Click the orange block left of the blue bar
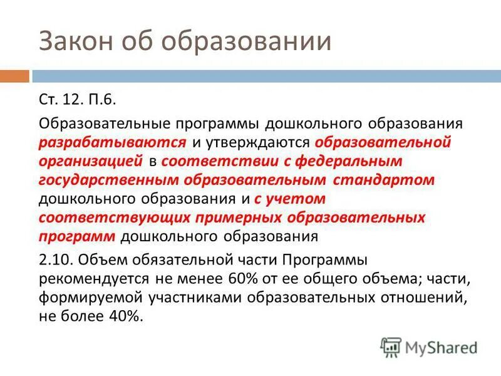(14, 76)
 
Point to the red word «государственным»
(109, 180)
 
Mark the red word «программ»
(76, 237)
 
